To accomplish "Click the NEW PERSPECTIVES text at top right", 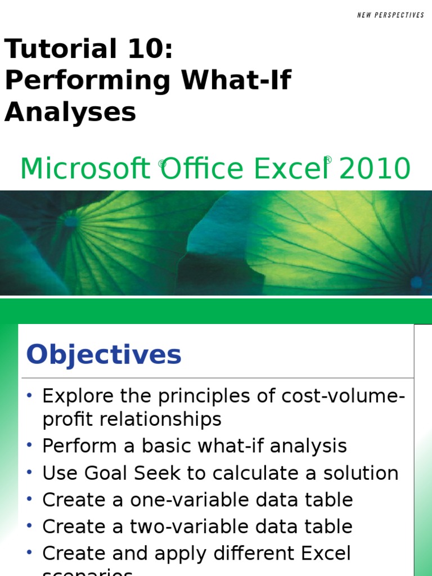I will click(390, 15).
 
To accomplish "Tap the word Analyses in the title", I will click(70, 112).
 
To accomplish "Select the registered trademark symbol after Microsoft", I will click(162, 164).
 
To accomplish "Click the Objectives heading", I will click(104, 355).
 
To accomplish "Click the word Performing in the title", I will click(87, 81).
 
